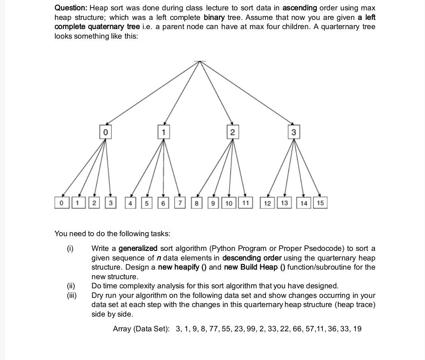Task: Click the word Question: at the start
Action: pyautogui.click(x=71, y=8)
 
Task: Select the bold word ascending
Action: pyautogui.click(x=300, y=8)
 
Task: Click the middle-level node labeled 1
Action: pyautogui.click(x=163, y=132)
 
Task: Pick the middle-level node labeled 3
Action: pyautogui.click(x=294, y=132)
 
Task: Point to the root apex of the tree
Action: pyautogui.click(x=199, y=62)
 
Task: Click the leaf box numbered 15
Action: pyautogui.click(x=320, y=203)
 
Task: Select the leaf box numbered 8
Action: pyautogui.click(x=196, y=203)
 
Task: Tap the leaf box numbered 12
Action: pyautogui.click(x=267, y=203)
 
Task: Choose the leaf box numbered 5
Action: pyautogui.click(x=146, y=203)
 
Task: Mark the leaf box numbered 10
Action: pyautogui.click(x=229, y=203)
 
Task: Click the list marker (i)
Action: pyautogui.click(x=70, y=249)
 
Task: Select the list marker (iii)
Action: pyautogui.click(x=71, y=295)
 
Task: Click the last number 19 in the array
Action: pyautogui.click(x=357, y=329)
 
